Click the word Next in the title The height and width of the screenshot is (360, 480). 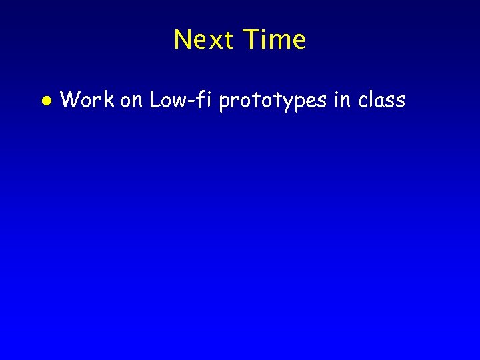205,40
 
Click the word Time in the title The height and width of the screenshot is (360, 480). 275,40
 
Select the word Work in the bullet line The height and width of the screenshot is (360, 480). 87,100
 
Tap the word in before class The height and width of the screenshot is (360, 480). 343,100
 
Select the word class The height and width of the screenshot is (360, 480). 381,100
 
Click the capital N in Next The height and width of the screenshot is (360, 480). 182,40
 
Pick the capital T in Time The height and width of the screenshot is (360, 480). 252,40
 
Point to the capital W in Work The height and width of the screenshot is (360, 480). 70,100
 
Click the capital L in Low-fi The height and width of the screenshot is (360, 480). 155,100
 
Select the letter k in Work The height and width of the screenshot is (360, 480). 109,100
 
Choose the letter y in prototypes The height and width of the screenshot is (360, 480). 291,103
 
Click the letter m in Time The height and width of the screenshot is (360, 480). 280,42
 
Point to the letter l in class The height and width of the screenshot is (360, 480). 370,100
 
